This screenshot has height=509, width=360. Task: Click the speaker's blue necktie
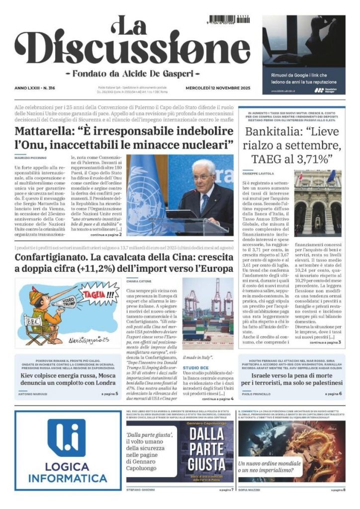coord(204,201)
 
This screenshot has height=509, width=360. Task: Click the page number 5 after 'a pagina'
coord(117,394)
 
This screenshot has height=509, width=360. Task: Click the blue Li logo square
coord(67,438)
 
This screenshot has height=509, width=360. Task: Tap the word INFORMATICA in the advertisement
coord(67,479)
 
